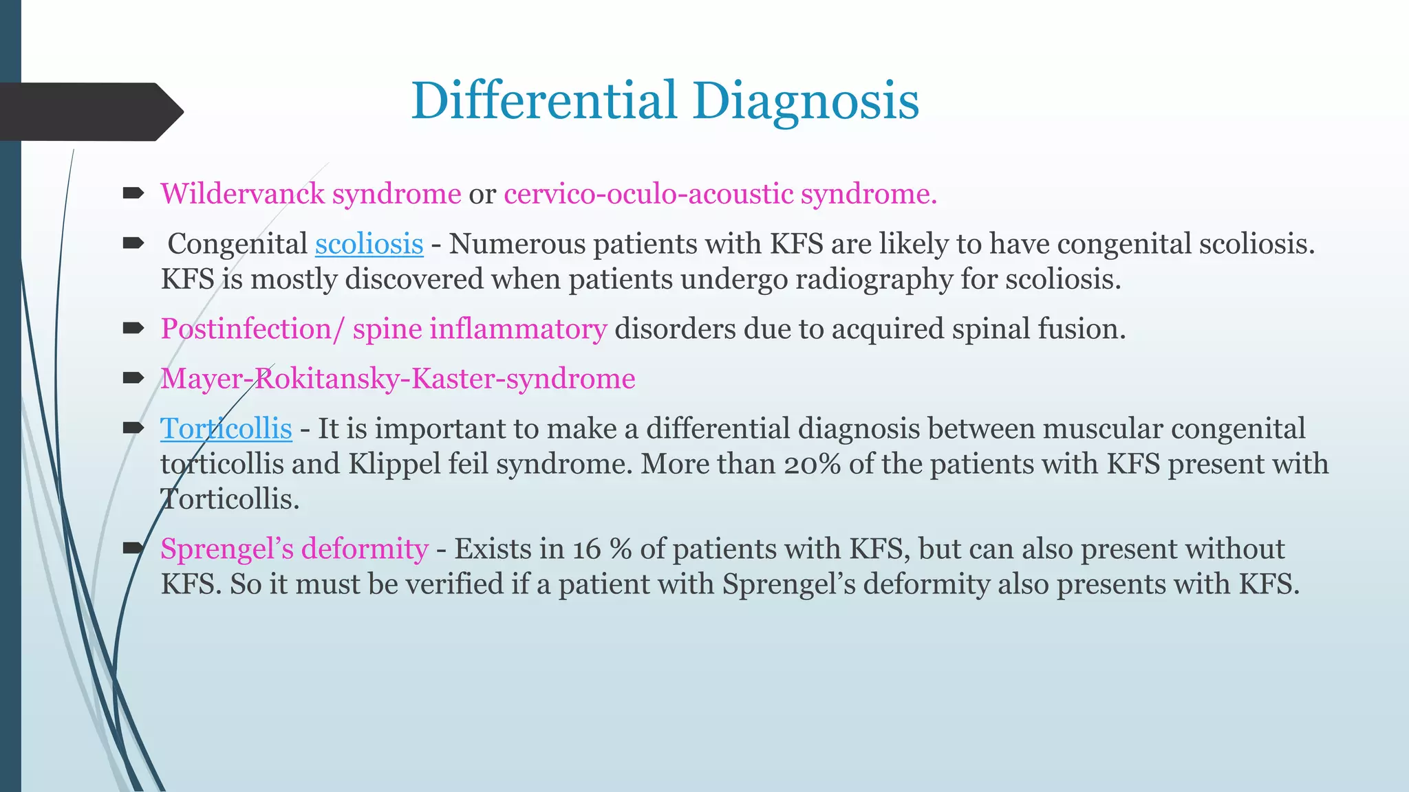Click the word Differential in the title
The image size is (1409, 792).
(544, 101)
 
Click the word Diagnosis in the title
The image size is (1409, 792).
(806, 101)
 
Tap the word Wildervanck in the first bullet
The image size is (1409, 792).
(242, 194)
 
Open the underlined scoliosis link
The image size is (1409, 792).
(369, 244)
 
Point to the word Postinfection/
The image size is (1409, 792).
(252, 329)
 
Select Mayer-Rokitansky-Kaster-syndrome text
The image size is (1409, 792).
(398, 379)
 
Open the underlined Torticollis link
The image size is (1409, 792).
(226, 429)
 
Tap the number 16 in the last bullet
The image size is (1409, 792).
(586, 549)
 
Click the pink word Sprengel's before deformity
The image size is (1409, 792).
(226, 549)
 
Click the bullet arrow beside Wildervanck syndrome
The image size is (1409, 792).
(133, 193)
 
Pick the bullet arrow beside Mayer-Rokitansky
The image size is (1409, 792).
(133, 377)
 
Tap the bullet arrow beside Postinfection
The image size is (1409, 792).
(133, 328)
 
